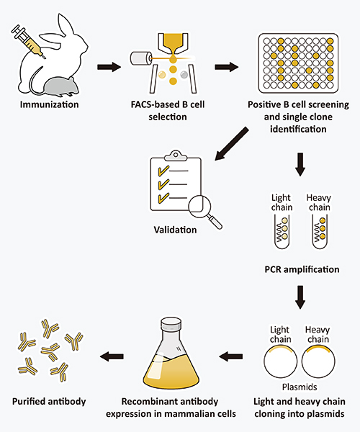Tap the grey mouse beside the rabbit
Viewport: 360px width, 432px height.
click(57, 86)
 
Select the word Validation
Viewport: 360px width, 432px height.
click(174, 231)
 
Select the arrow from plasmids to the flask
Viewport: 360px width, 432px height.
click(232, 355)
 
